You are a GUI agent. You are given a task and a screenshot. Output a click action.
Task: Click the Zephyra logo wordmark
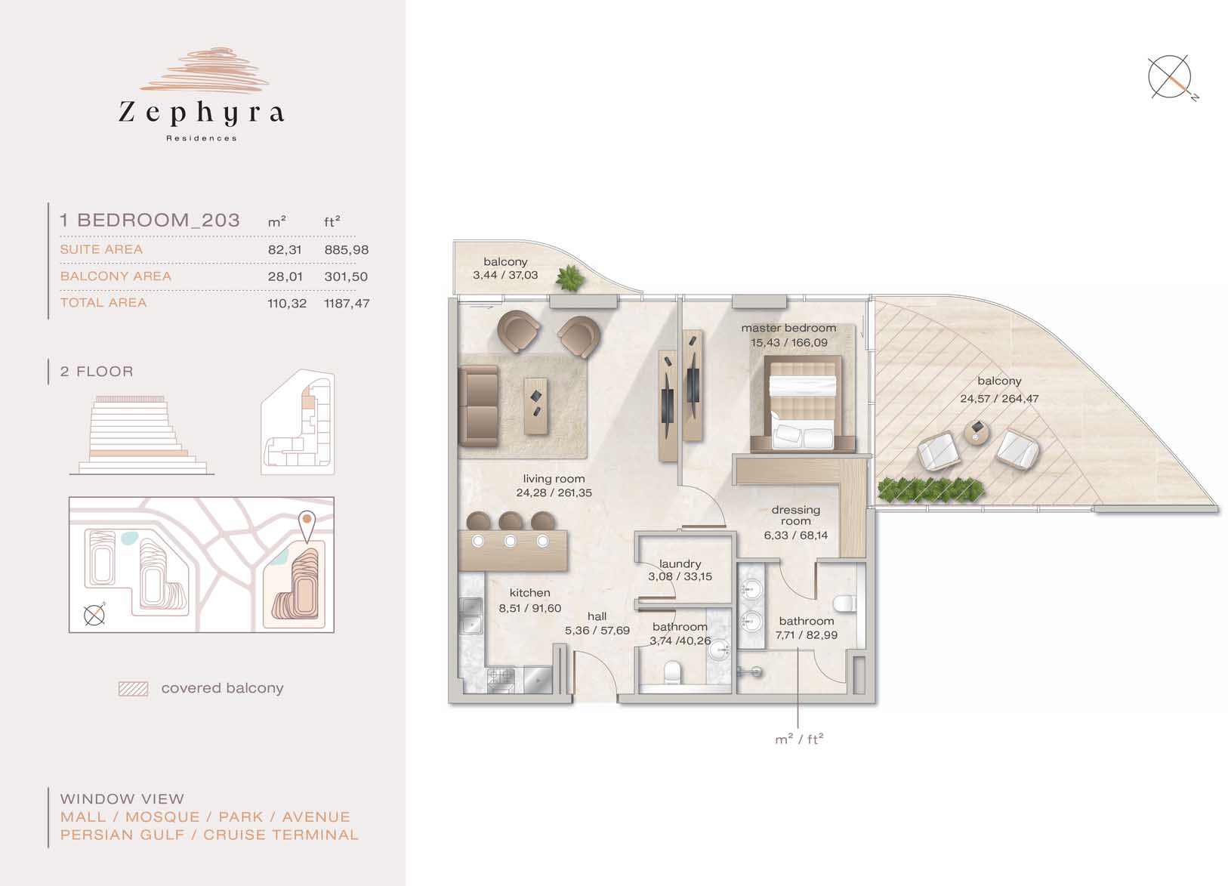click(201, 113)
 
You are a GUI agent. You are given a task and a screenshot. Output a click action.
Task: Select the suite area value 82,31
click(285, 250)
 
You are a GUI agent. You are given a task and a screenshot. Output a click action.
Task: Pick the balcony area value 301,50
click(346, 277)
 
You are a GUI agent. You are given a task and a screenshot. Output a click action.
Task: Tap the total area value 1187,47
click(347, 303)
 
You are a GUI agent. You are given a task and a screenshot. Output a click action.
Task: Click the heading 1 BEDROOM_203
click(150, 221)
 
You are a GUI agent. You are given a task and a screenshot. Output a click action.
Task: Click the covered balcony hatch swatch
click(133, 689)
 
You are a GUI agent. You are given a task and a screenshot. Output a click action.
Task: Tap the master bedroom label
click(789, 328)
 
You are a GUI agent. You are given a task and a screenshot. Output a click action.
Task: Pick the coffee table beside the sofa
click(535, 406)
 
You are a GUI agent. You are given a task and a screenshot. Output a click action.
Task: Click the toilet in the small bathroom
click(671, 674)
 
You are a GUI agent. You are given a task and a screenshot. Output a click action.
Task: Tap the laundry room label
click(680, 563)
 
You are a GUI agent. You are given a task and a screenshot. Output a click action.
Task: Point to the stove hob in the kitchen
click(501, 680)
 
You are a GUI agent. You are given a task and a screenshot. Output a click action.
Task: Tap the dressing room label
click(796, 515)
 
